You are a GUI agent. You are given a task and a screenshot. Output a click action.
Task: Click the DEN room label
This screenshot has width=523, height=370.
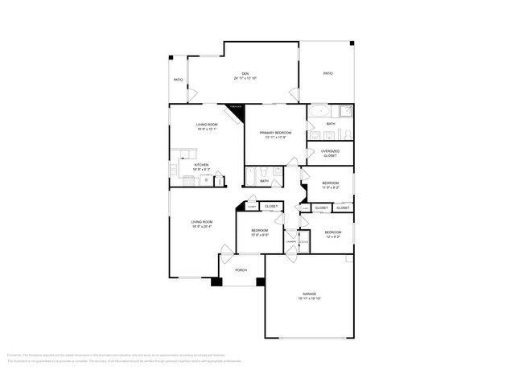click(x=245, y=73)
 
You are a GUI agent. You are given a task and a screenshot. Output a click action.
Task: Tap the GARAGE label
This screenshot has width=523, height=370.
click(x=309, y=294)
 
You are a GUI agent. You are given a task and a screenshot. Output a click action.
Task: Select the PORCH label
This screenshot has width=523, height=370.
click(x=241, y=270)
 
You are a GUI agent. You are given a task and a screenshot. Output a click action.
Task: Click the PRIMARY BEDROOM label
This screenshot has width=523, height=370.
click(x=275, y=133)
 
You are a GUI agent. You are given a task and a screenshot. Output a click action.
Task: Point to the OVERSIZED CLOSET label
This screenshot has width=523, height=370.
click(x=330, y=153)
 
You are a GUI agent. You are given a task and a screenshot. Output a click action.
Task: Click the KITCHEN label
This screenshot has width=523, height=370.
click(x=201, y=165)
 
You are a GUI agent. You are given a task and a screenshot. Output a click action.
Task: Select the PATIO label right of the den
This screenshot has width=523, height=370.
click(x=328, y=73)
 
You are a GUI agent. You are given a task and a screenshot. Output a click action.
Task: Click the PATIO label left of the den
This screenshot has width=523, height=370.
click(x=179, y=80)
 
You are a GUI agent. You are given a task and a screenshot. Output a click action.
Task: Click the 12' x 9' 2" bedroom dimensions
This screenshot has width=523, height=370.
click(x=332, y=236)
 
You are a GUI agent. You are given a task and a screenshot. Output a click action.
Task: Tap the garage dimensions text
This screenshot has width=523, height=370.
click(x=309, y=298)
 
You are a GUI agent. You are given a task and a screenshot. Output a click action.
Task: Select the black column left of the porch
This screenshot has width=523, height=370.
click(x=216, y=282)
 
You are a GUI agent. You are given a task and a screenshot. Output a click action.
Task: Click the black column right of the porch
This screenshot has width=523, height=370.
click(x=260, y=282)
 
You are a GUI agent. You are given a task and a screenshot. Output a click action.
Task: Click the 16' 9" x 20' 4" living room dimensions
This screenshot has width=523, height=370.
click(x=201, y=226)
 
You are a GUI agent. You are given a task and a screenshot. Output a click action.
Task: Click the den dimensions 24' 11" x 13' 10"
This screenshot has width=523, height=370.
click(x=245, y=78)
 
